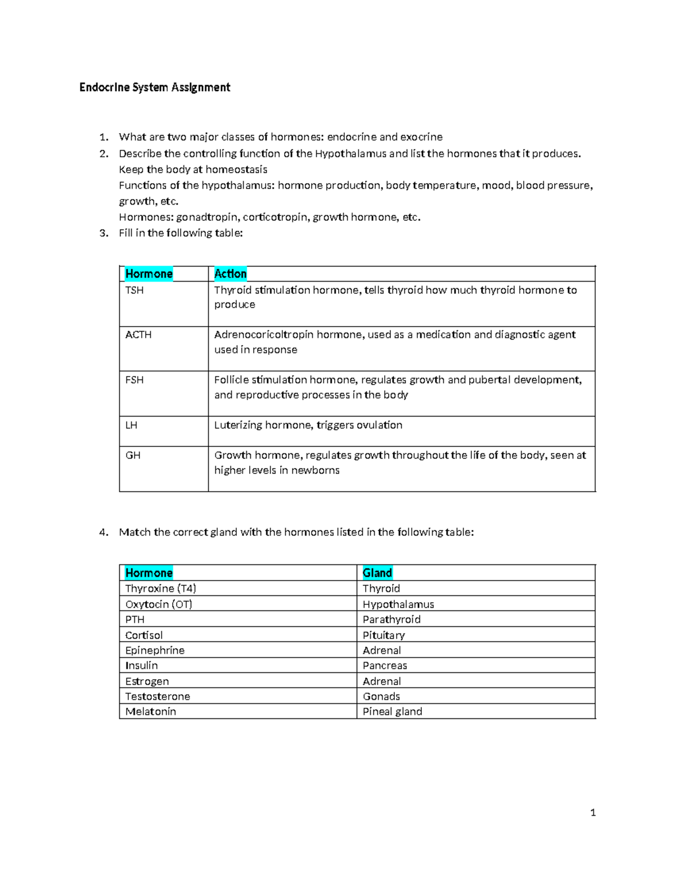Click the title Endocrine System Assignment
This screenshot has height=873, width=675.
tap(155, 87)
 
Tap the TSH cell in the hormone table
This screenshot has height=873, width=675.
tap(134, 290)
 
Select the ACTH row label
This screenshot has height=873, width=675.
tap(138, 334)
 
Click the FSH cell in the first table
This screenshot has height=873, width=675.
tap(134, 380)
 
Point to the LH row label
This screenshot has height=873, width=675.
tap(131, 425)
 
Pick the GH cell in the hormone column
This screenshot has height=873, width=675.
tap(133, 455)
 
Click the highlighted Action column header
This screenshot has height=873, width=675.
tap(231, 274)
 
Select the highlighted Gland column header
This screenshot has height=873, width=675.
tap(377, 573)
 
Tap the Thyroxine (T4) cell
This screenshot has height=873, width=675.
tap(161, 589)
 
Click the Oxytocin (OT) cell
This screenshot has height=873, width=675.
tap(159, 604)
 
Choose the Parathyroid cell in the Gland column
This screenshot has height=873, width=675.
tap(391, 619)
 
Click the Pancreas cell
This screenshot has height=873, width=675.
tap(385, 666)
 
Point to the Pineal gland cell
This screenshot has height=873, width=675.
tap(392, 712)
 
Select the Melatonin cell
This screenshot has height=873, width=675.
tap(151, 712)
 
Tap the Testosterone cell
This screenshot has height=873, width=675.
tap(157, 696)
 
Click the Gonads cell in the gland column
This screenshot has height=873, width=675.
tap(381, 696)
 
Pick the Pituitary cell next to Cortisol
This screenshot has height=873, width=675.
tap(384, 635)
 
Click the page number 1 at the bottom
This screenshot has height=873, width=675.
tap(593, 812)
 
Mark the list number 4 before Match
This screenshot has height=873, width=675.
tap(102, 532)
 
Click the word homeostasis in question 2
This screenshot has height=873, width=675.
tap(236, 170)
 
